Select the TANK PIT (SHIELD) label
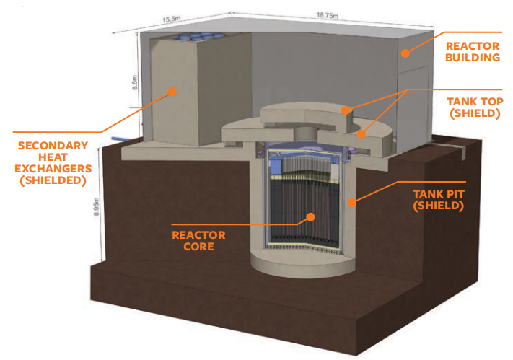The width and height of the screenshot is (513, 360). (x=439, y=200)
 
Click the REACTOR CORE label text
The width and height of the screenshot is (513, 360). (x=198, y=240)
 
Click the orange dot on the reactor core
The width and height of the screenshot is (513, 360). (x=310, y=216)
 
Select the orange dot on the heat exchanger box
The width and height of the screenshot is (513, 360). (x=173, y=91)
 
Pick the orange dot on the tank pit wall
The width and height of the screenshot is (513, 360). (x=352, y=203)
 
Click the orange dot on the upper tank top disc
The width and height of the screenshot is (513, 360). (x=346, y=111)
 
